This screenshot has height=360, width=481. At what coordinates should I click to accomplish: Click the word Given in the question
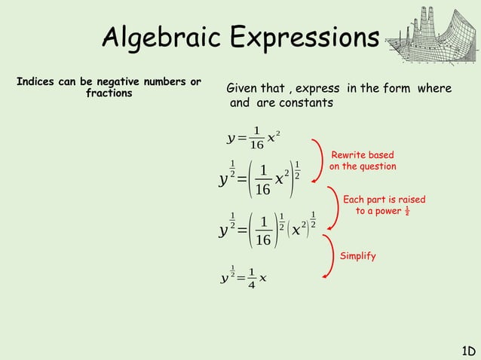pos(244,90)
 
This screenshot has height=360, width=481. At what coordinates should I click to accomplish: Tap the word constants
pos(307,102)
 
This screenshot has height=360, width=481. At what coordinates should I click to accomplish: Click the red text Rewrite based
pos(363,154)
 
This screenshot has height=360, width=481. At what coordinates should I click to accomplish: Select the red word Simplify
pos(357,256)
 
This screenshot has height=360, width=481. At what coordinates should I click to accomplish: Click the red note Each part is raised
pos(384,200)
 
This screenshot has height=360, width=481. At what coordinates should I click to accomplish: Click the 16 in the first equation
pos(256,145)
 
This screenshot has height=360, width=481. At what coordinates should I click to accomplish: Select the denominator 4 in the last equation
pos(253,285)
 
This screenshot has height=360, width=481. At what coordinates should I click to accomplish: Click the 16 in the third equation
pos(262,240)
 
